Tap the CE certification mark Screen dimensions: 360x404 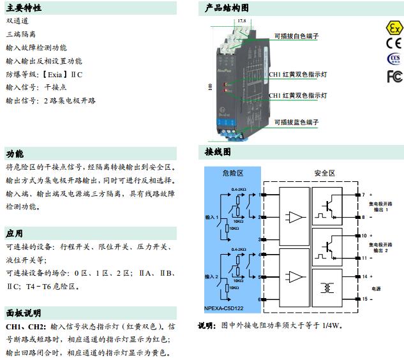click(394, 44)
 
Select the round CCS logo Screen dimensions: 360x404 click(394, 60)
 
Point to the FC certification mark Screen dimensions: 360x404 click(394, 76)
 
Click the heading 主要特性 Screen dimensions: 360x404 click(24, 8)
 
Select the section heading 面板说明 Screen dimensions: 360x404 click(24, 313)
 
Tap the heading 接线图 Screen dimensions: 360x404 click(218, 153)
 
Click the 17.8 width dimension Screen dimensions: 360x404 click(241, 21)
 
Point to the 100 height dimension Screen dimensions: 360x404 click(209, 86)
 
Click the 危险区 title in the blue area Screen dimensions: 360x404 click(233, 174)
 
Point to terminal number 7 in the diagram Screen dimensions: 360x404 click(363, 194)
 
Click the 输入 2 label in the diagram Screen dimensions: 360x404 click(212, 276)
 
